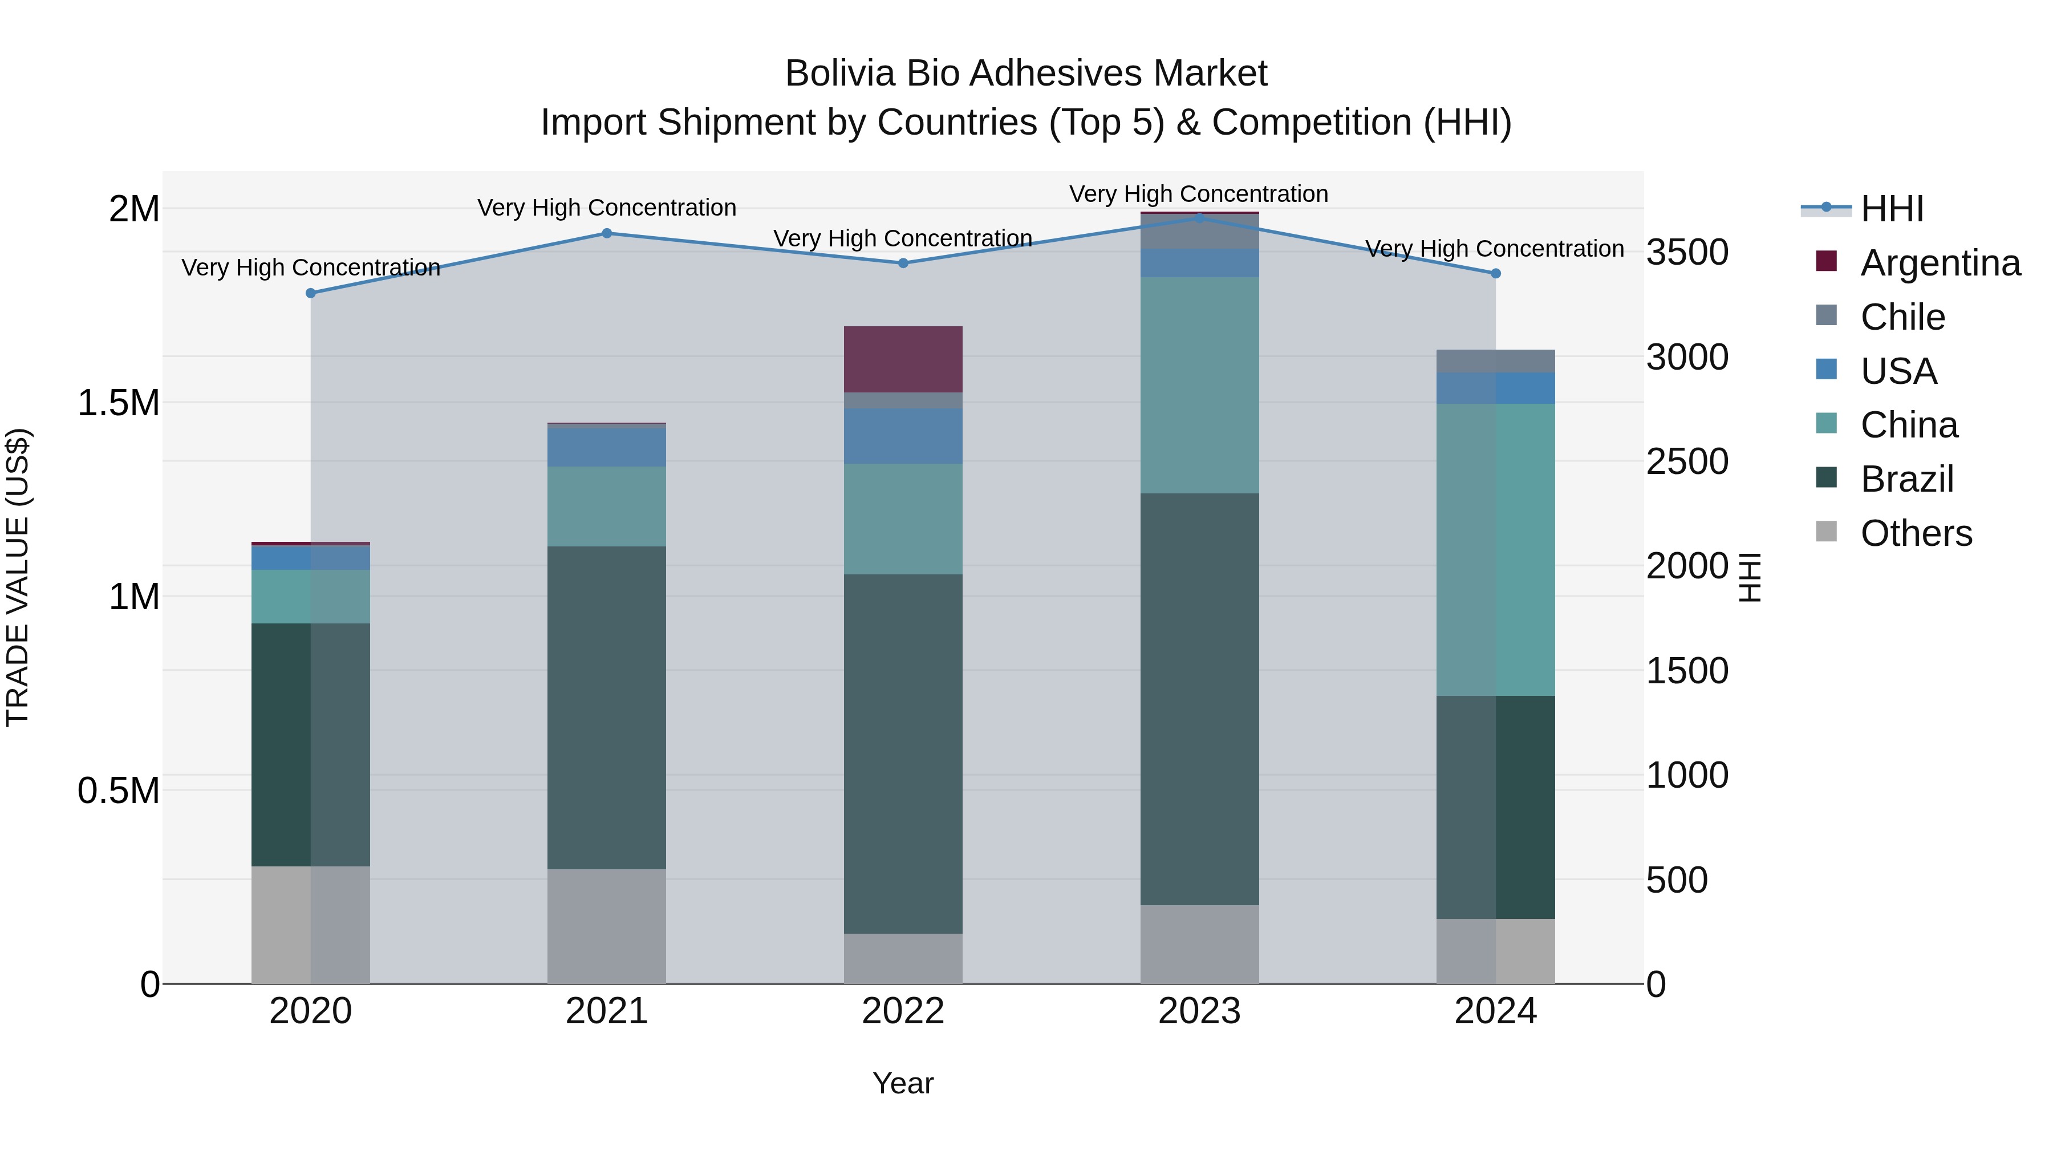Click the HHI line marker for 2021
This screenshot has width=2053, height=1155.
click(607, 233)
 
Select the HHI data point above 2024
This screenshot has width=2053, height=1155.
click(1495, 273)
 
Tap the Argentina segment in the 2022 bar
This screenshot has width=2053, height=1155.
click(903, 359)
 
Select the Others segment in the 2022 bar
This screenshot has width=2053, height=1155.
click(903, 958)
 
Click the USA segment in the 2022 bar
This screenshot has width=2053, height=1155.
click(903, 435)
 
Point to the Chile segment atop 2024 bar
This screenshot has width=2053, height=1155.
click(1495, 361)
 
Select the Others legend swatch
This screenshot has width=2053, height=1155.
click(1826, 532)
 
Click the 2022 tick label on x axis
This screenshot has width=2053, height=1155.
click(903, 1011)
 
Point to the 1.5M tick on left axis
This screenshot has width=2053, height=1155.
click(119, 403)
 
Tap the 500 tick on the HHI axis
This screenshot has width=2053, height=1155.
click(1677, 880)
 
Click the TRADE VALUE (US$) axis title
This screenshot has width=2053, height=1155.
click(18, 577)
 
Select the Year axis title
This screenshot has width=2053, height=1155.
click(903, 1083)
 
